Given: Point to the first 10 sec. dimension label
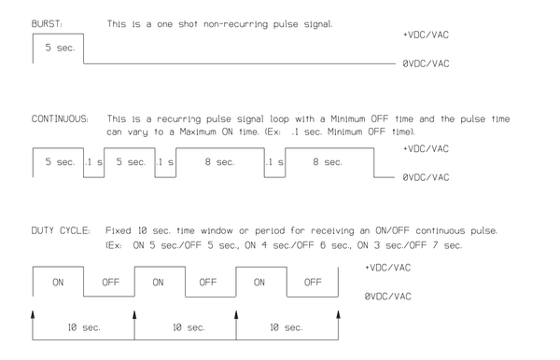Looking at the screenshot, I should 83,328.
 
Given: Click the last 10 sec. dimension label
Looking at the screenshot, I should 287,328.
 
